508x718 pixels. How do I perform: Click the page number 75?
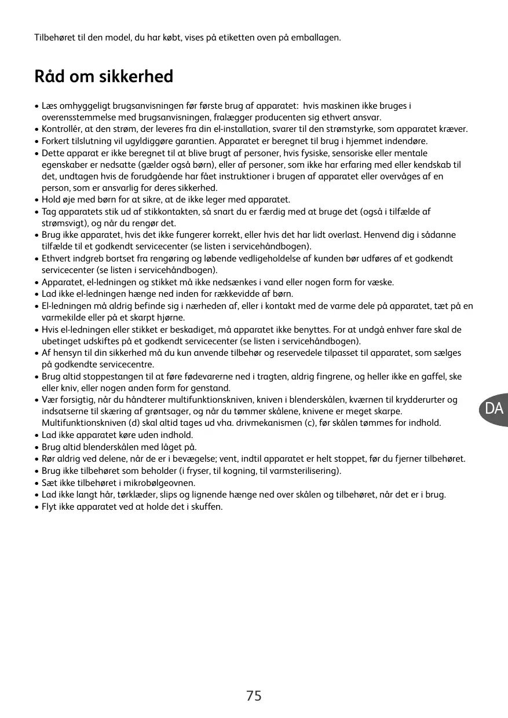pyautogui.click(x=254, y=696)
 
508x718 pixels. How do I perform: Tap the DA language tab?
pyautogui.click(x=494, y=409)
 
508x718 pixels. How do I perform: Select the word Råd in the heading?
pyautogui.click(x=50, y=76)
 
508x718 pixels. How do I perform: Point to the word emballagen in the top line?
pyautogui.click(x=317, y=38)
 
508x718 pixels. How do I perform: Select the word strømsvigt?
pyautogui.click(x=62, y=223)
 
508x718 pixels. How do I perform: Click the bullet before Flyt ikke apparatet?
pyautogui.click(x=37, y=507)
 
